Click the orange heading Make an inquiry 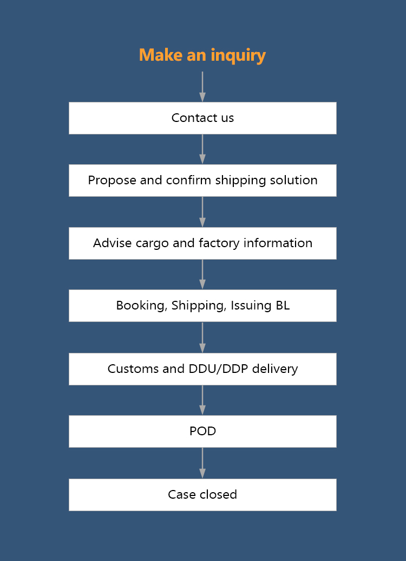tap(202, 55)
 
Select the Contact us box tap(202, 118)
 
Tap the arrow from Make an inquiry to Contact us tap(202, 87)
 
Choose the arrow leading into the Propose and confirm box tap(202, 149)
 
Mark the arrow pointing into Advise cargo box tap(202, 212)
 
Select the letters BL tap(283, 305)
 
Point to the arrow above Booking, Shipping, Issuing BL tap(202, 274)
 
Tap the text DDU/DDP tap(218, 369)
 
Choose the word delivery tap(275, 369)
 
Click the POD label tap(202, 431)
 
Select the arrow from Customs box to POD tap(202, 401)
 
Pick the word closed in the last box tap(218, 494)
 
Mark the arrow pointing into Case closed tap(202, 463)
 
